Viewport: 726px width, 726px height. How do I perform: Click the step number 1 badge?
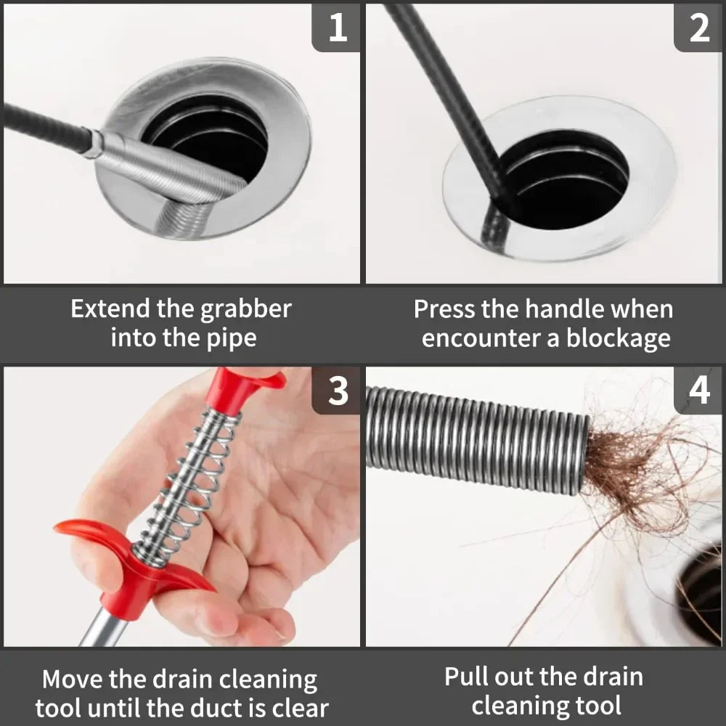coord(336,28)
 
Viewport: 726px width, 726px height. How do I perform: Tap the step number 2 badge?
coord(698,28)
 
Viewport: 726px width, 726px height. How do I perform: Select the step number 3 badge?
coord(336,391)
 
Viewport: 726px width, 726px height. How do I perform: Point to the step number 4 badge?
coord(698,391)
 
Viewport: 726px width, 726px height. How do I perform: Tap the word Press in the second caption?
coord(444,309)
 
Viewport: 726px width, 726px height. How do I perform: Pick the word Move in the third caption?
coord(73,680)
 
